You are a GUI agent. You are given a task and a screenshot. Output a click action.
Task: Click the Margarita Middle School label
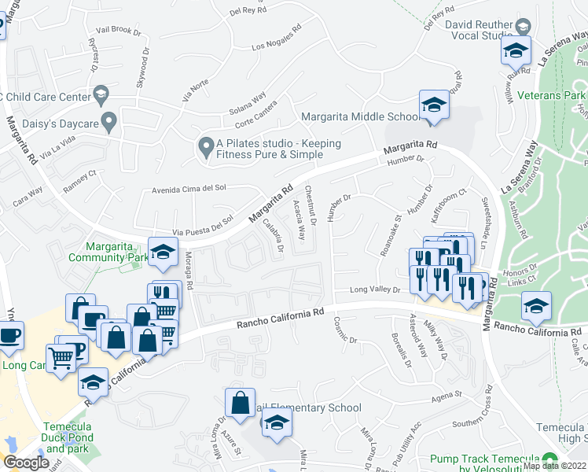(x=362, y=117)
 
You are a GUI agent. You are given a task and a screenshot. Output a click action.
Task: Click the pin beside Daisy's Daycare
(x=108, y=122)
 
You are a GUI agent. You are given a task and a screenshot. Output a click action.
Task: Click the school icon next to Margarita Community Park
(x=162, y=251)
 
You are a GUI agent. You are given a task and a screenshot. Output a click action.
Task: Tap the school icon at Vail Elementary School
(x=275, y=424)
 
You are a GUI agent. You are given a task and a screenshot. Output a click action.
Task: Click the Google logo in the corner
(x=25, y=463)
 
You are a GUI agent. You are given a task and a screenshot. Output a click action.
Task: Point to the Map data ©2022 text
(x=554, y=466)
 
